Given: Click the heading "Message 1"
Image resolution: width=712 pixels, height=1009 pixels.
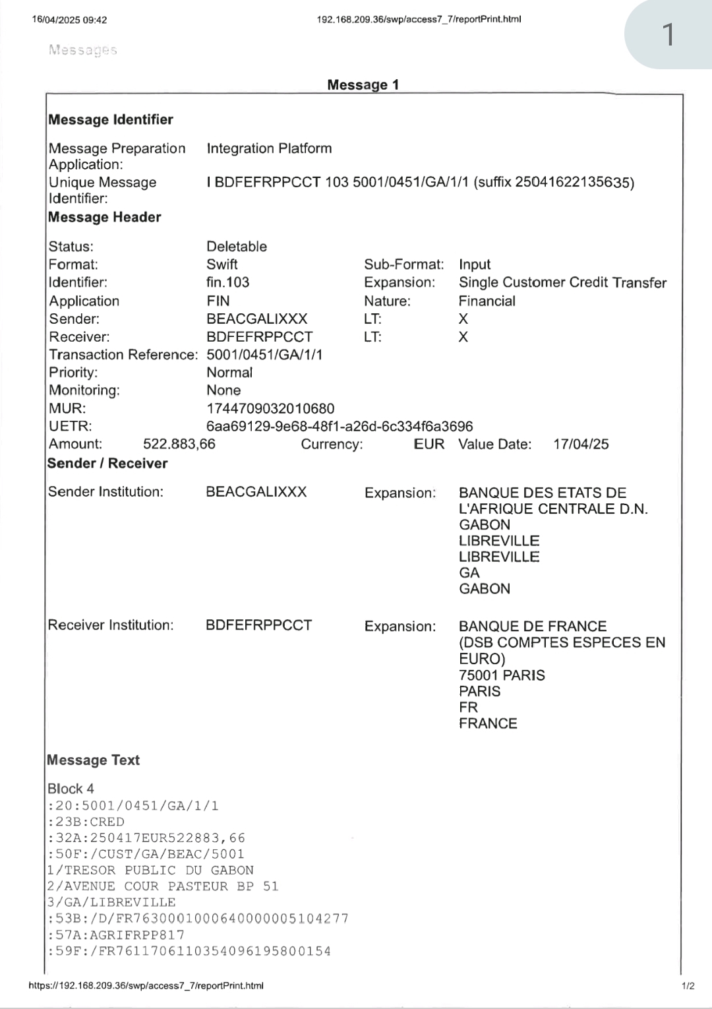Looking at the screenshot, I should pos(363,84).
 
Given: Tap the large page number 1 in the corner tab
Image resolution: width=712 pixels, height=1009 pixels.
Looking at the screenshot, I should pos(668,34).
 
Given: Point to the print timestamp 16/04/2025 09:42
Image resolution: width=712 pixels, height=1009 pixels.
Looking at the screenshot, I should pos(69,20).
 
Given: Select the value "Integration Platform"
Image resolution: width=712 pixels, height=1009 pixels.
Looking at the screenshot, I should pos(269,148).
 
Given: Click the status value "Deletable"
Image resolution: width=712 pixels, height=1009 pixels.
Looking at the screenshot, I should pos(237,247).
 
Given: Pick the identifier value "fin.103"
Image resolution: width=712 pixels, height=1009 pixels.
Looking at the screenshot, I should pos(228,282).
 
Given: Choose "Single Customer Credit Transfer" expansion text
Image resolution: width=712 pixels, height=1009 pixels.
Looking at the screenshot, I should pos(562,282).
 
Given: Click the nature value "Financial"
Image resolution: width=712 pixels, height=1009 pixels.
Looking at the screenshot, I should pos(487,301).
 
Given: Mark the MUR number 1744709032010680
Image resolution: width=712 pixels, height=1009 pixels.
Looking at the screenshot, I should pos(270,408).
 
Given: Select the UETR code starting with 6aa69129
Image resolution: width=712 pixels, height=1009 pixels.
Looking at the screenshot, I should pos(340,426).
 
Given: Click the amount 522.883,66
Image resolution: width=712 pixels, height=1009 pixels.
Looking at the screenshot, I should pos(179,444).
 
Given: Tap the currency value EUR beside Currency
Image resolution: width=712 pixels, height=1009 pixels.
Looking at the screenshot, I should pos(429,444).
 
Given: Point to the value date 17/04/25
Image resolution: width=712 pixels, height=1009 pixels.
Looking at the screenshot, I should pos(581,444).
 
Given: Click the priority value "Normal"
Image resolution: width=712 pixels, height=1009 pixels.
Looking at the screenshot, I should pos(229,372).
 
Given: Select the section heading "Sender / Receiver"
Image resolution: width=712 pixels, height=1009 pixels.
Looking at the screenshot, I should pos(107,463).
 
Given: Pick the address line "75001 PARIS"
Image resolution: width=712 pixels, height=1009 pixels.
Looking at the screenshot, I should pos(502,675).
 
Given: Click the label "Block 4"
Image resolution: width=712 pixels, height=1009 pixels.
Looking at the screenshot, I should pos(71,789).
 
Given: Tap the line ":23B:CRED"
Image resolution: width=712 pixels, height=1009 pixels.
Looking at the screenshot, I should pos(86,822).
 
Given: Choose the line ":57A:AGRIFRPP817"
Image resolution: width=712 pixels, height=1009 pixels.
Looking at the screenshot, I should pos(116,934).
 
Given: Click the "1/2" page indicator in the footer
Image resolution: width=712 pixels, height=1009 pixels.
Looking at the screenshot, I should pos(688,986).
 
